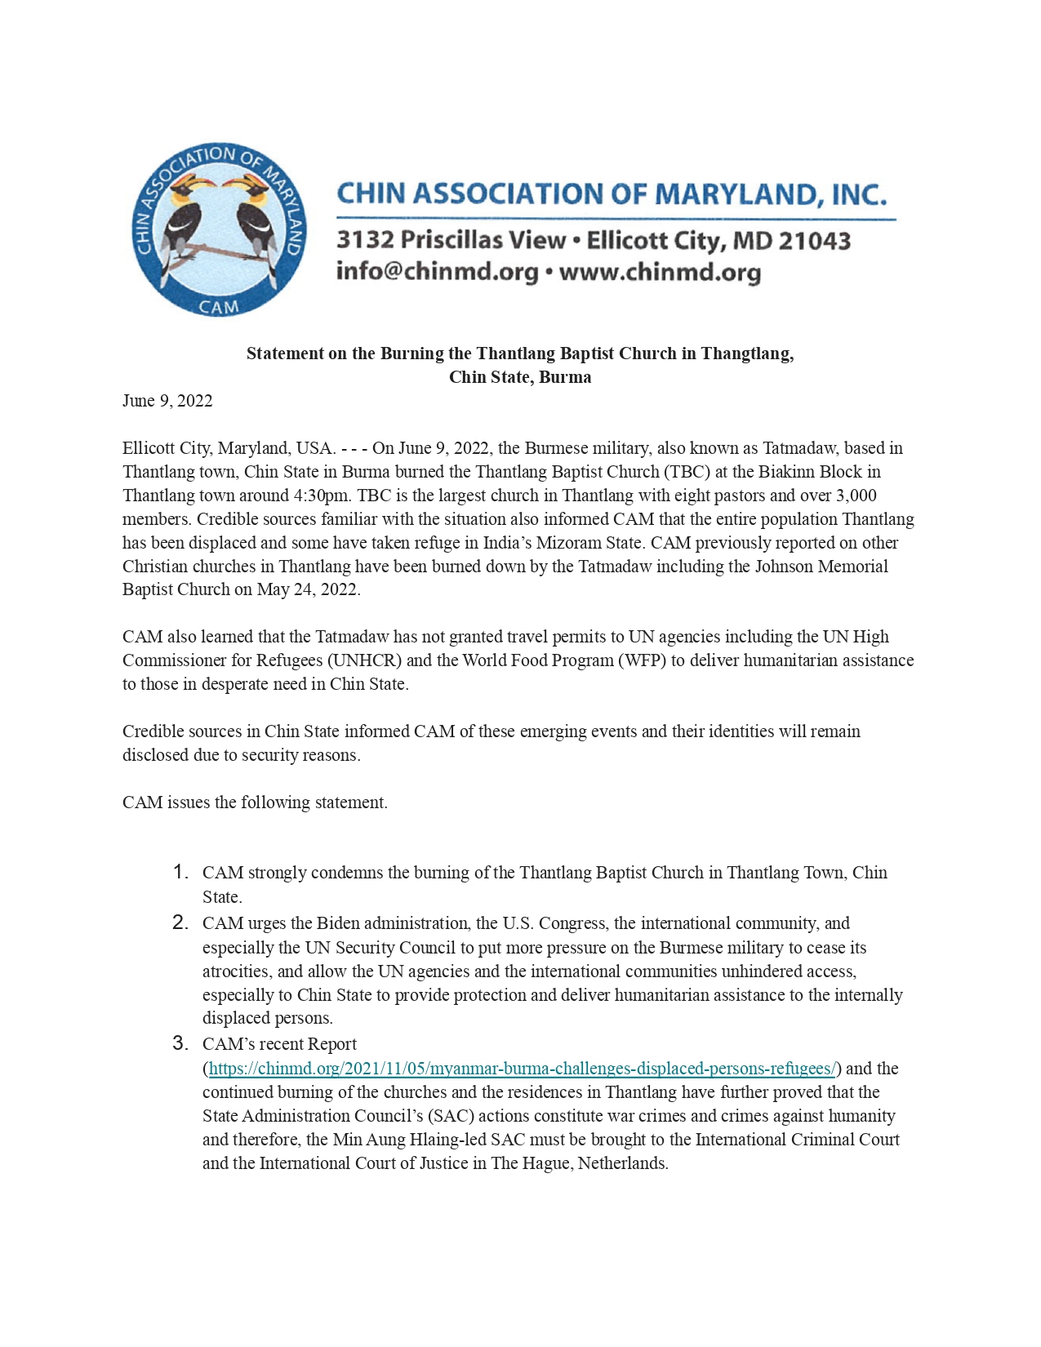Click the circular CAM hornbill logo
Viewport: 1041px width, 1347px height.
point(219,231)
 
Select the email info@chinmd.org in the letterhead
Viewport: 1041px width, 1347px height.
point(437,272)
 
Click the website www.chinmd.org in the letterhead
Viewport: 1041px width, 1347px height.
point(660,272)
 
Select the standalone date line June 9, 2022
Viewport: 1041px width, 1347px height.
point(167,401)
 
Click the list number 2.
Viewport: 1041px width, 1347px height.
point(180,923)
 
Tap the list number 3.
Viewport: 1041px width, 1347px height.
point(180,1043)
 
